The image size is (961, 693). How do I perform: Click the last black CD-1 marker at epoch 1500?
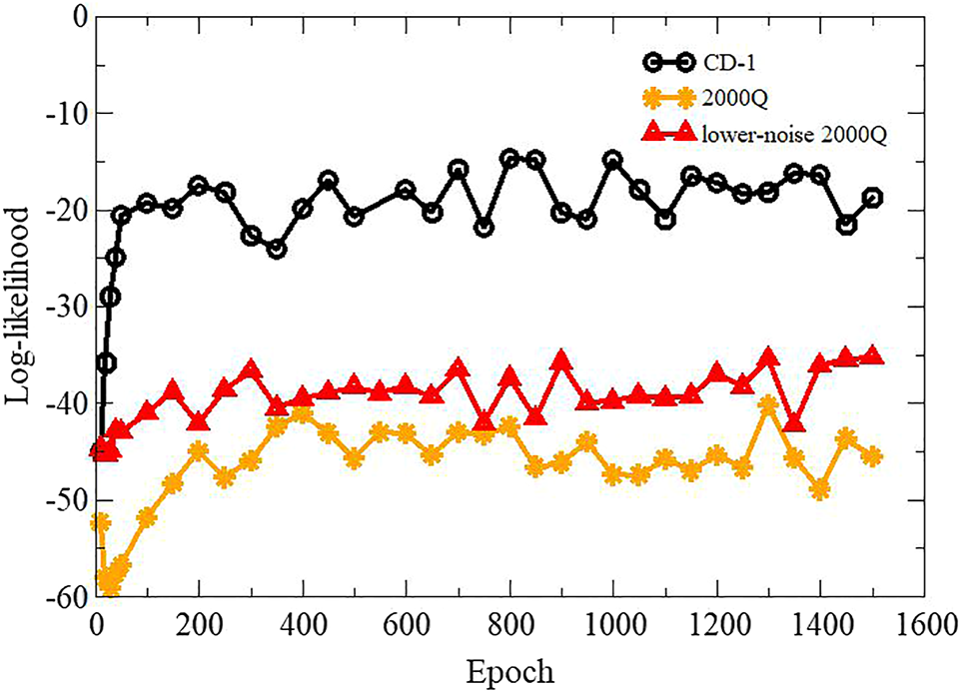coord(872,198)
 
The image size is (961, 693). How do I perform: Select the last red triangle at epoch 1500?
coord(872,355)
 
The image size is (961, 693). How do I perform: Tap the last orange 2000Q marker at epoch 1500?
coord(872,456)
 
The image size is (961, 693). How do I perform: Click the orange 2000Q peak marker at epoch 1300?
coord(768,405)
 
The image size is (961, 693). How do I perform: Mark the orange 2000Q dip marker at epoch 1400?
coord(820,489)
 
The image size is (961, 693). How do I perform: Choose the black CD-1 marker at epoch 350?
coord(276,249)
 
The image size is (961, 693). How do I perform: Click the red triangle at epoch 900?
coord(561,360)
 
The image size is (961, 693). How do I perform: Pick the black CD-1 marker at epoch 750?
coord(483,228)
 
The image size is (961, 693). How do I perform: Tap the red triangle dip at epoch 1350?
coord(794,421)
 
